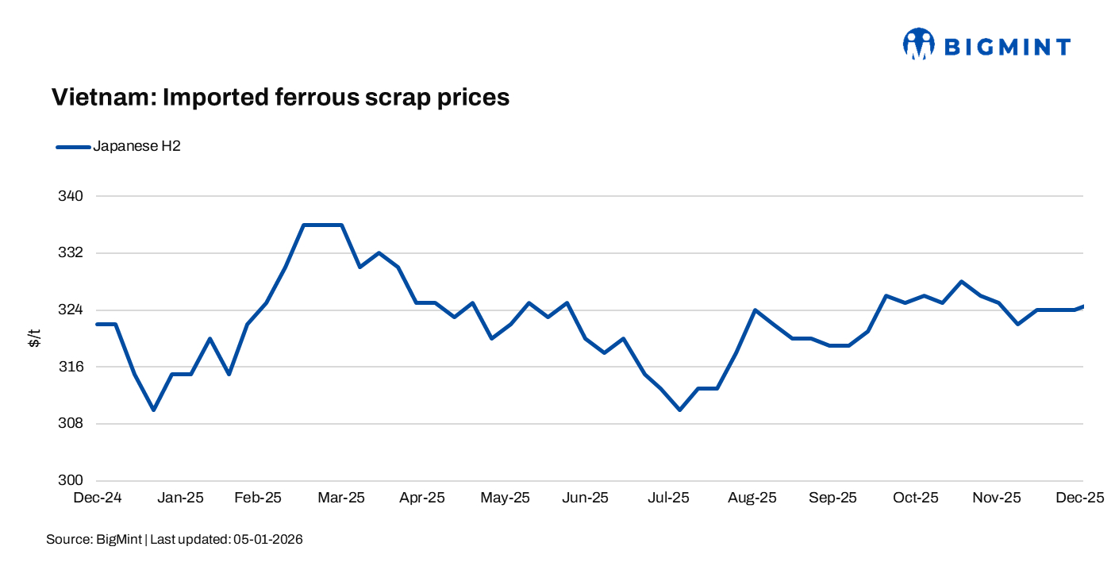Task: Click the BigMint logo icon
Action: tap(919, 44)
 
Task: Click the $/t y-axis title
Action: tap(35, 338)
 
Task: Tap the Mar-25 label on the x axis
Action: tap(341, 498)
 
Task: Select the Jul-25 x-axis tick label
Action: tap(669, 498)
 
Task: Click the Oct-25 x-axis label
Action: tap(915, 498)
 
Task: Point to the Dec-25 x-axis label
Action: tap(1079, 498)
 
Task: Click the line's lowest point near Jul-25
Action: tap(680, 410)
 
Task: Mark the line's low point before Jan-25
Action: tap(153, 410)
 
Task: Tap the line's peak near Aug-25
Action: tap(755, 310)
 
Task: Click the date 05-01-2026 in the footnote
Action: tap(267, 540)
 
